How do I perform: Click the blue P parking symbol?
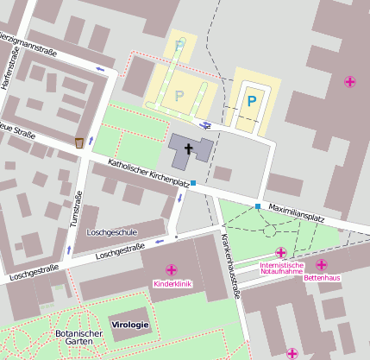252,102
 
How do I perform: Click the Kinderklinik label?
172,283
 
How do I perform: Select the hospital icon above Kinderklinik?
172,270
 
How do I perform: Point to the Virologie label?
130,325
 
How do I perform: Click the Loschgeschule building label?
113,233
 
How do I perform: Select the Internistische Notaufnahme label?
281,268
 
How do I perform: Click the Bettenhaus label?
322,278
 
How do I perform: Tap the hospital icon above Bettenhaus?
322,265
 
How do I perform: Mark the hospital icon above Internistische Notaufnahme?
280,252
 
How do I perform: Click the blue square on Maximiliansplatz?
258,205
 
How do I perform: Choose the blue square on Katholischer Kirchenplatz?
193,183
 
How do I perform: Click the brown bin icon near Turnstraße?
80,142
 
